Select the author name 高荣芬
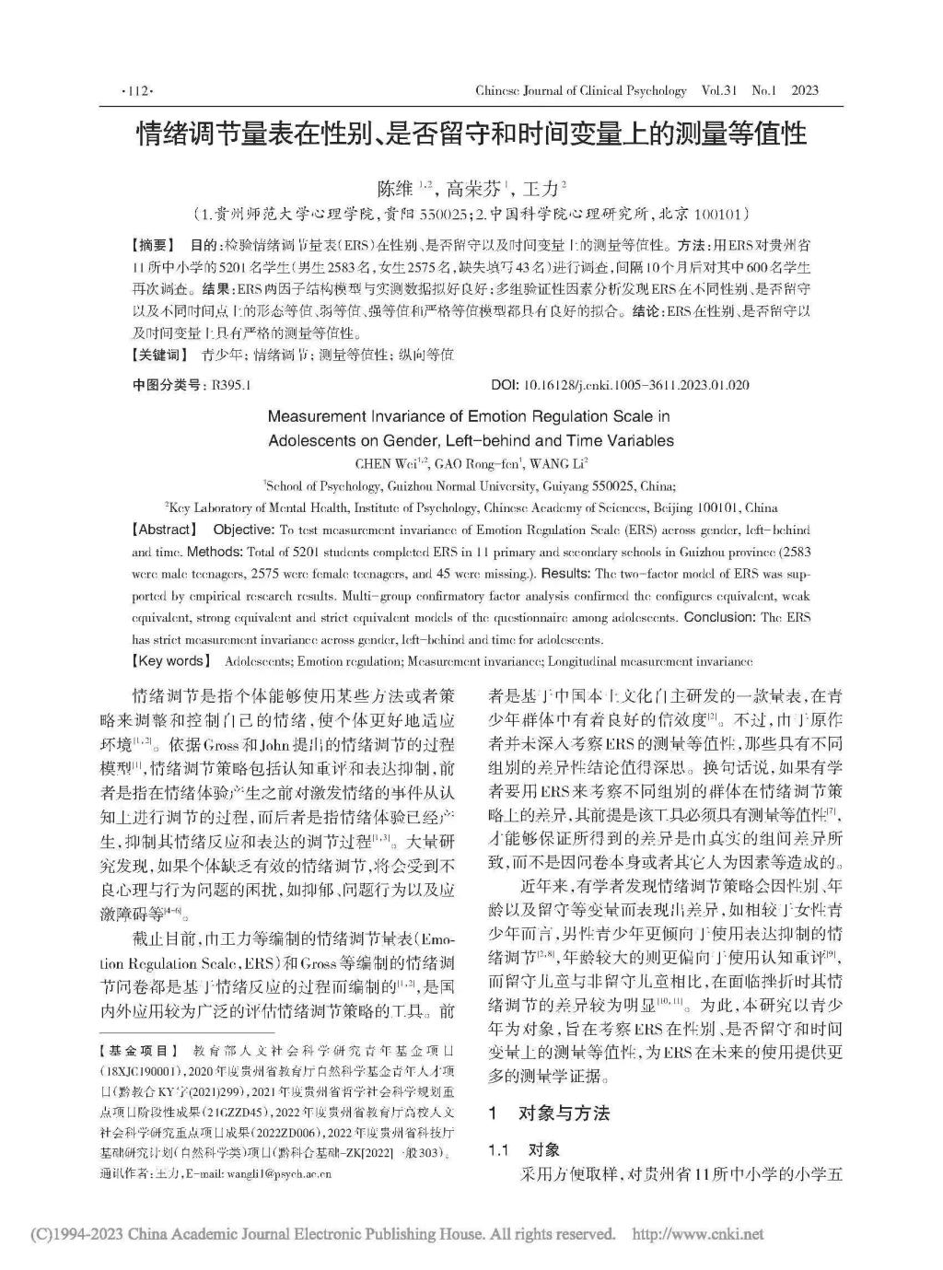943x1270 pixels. [x=472, y=190]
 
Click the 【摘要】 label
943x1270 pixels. [x=153, y=246]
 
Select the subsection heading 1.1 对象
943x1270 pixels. [x=525, y=1150]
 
